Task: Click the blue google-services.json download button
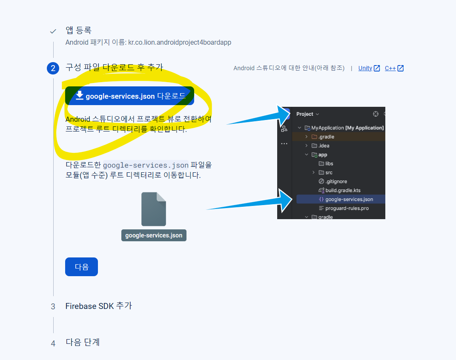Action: tap(129, 96)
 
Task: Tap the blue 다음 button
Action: tap(81, 267)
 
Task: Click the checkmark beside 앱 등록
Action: tap(53, 31)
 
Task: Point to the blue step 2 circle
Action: tap(53, 68)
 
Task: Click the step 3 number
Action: tap(53, 306)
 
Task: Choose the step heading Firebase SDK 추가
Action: tap(98, 306)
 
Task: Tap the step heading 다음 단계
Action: tap(83, 342)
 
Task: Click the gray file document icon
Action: tap(154, 209)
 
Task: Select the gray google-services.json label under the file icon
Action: tap(154, 235)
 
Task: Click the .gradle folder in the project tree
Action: tap(326, 137)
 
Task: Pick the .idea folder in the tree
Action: tap(324, 146)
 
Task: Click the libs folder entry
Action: tap(329, 163)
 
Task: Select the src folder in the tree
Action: tap(328, 172)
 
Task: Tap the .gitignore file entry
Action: tap(336, 181)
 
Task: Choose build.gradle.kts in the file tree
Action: tap(342, 190)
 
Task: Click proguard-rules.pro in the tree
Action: tap(347, 208)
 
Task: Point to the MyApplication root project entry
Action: tap(347, 128)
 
